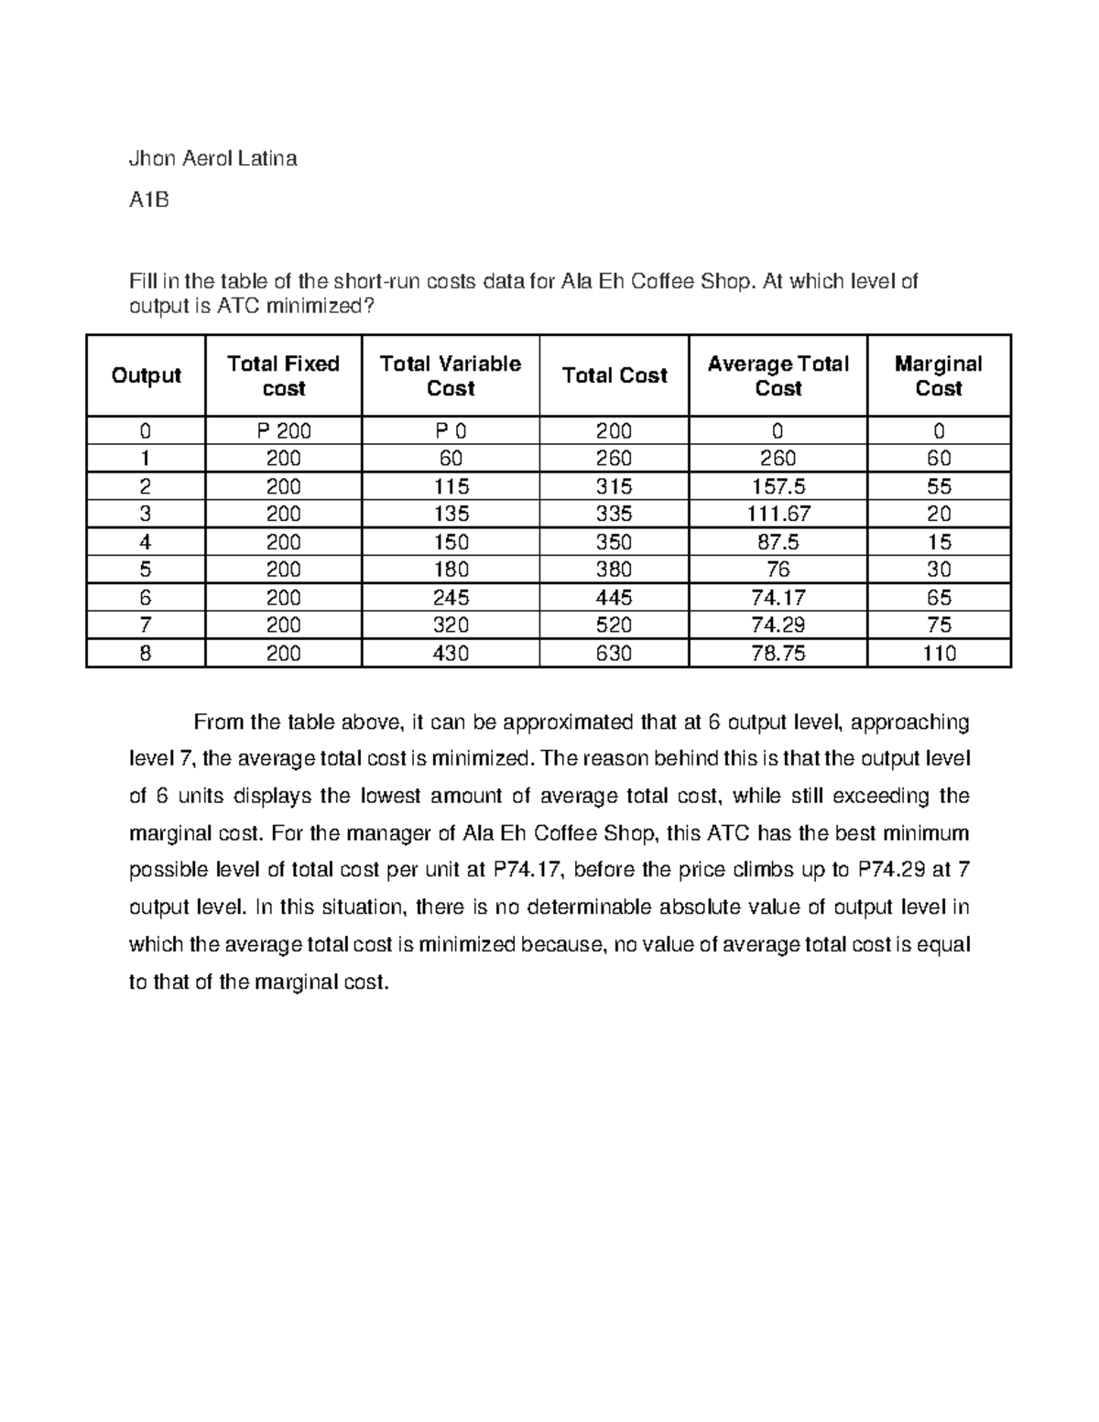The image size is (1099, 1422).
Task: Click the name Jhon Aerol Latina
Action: click(213, 158)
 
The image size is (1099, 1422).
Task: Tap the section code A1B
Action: click(148, 199)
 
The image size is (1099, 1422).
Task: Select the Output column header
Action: click(146, 375)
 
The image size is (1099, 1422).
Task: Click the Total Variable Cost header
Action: click(450, 375)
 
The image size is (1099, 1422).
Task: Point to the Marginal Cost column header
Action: click(938, 375)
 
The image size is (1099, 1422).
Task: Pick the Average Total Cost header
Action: click(778, 375)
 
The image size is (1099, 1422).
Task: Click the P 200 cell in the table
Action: click(283, 431)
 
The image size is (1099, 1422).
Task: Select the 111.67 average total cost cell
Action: click(778, 514)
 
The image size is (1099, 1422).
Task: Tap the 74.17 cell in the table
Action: click(778, 598)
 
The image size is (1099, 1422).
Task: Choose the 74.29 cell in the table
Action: click(778, 625)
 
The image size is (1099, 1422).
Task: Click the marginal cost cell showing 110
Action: click(939, 654)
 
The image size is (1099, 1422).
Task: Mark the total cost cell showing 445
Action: click(614, 598)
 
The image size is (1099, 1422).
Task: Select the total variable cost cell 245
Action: click(451, 598)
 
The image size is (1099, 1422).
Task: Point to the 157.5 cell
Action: click(778, 486)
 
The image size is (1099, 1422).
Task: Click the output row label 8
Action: click(146, 654)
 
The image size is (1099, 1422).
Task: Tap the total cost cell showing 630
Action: click(614, 654)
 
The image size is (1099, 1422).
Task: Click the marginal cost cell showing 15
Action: click(939, 542)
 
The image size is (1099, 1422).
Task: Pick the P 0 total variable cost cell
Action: click(451, 431)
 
